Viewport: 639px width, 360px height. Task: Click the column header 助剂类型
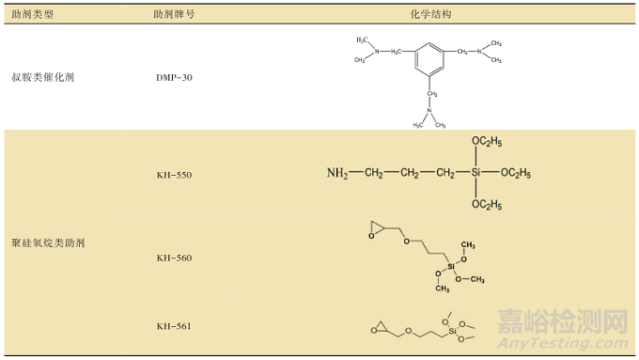pyautogui.click(x=34, y=16)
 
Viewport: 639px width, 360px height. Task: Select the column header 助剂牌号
pyautogui.click(x=175, y=16)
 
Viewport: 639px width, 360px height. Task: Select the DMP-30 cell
pyautogui.click(x=174, y=76)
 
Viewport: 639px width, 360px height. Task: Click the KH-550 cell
pyautogui.click(x=174, y=175)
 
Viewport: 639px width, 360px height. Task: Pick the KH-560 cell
pyautogui.click(x=174, y=258)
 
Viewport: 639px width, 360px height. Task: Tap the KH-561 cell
pyautogui.click(x=174, y=326)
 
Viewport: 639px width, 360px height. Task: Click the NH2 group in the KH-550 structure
pyautogui.click(x=337, y=174)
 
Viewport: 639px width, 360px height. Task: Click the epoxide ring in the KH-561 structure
pyautogui.click(x=378, y=328)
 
